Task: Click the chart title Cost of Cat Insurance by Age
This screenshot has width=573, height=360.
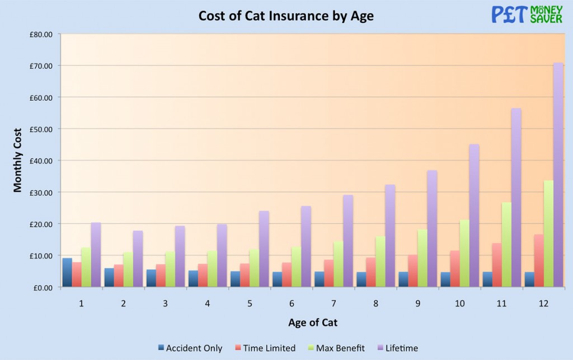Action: tap(286, 16)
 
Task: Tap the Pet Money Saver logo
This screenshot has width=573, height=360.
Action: tap(526, 14)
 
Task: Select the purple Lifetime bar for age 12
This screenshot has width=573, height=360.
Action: tap(543, 176)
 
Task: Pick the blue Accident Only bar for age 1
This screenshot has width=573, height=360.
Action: tap(67, 273)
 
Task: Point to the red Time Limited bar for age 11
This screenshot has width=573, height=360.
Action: tap(496, 265)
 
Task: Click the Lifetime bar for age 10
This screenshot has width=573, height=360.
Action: tap(474, 216)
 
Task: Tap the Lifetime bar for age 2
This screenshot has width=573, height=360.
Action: tap(138, 259)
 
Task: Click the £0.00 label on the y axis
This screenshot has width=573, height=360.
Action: tap(41, 287)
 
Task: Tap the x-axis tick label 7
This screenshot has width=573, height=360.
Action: tap(334, 303)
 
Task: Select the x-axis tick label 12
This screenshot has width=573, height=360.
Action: tap(543, 303)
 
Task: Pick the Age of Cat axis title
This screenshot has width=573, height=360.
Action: tap(313, 322)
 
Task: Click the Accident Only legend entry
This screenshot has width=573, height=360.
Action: tap(190, 348)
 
